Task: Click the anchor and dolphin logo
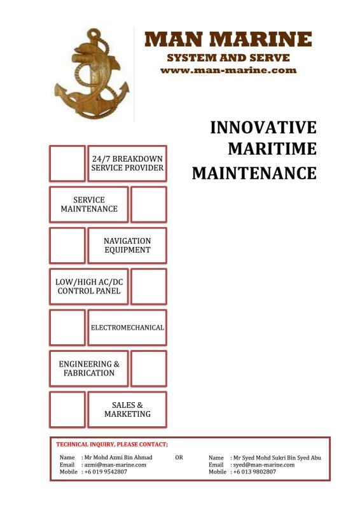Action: (92, 74)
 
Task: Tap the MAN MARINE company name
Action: (228, 39)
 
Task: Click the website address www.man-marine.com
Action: (228, 70)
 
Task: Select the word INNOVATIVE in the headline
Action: (263, 127)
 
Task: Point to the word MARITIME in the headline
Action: (272, 149)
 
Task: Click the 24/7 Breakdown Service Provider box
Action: (127, 164)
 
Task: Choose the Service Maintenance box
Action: (89, 204)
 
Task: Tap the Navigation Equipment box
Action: (127, 246)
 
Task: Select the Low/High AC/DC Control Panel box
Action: (89, 286)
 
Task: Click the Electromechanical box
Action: (127, 328)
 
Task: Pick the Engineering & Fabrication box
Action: (89, 368)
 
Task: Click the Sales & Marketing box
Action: (127, 409)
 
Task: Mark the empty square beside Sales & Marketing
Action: (67, 409)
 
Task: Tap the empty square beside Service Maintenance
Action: (149, 204)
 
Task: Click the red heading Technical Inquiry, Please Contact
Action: (112, 444)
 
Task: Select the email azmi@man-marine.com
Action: (115, 465)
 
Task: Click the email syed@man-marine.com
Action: (264, 465)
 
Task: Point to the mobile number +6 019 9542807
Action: (106, 471)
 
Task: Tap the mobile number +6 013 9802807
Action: (254, 471)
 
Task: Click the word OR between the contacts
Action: (179, 457)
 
